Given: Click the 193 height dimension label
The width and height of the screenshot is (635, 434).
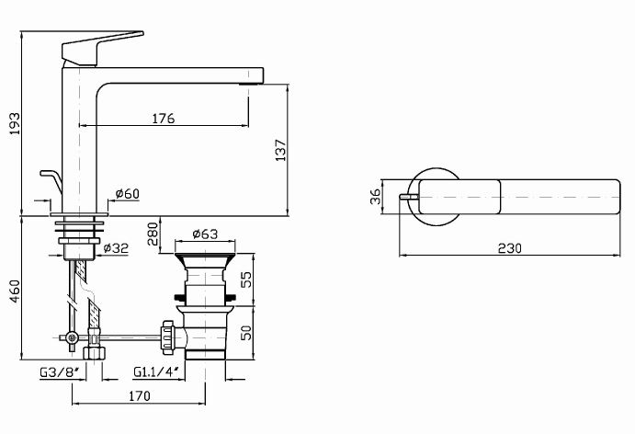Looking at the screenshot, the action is [14, 123].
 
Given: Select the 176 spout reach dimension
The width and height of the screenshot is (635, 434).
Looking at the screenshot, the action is [164, 119].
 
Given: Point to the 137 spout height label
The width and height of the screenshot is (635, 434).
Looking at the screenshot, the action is [280, 150].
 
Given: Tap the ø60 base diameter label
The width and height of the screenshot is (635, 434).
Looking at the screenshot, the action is [127, 194].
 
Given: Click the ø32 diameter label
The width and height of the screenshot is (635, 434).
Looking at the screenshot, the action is [116, 248].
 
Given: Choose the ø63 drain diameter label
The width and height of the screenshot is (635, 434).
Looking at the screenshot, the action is [205, 234].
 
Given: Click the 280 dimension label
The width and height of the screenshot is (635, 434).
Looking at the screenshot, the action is [153, 234].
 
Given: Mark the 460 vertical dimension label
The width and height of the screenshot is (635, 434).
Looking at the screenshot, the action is [15, 291].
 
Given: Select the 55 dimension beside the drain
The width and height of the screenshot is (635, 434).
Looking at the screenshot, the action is [246, 280].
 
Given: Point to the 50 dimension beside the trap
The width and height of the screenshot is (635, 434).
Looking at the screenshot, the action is [246, 332].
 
